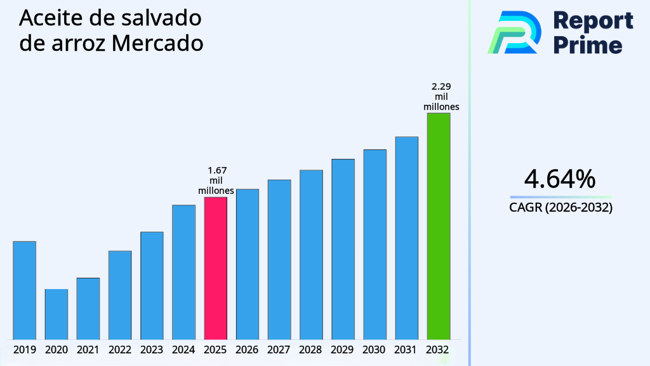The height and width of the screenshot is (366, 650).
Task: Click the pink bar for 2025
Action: (x=215, y=268)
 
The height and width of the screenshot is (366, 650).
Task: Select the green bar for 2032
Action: (x=439, y=226)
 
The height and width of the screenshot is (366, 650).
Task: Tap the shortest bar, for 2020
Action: (x=56, y=314)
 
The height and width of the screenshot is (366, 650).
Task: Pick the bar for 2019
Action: (x=24, y=290)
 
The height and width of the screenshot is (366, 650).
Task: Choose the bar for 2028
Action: (x=311, y=254)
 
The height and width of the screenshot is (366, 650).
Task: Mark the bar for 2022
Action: (x=120, y=295)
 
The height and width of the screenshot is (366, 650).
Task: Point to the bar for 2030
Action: (x=375, y=244)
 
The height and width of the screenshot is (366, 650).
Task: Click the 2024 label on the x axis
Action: (x=183, y=349)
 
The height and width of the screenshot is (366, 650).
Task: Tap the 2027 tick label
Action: (x=279, y=349)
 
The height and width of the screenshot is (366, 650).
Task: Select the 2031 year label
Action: (x=406, y=349)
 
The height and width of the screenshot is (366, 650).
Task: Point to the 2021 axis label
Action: (x=88, y=349)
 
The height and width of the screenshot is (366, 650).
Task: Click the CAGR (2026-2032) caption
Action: (x=560, y=208)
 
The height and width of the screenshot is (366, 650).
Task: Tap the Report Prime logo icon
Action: (x=514, y=32)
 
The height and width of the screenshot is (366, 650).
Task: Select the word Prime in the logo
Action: (x=588, y=45)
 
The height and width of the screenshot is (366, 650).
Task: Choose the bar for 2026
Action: (x=247, y=264)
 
